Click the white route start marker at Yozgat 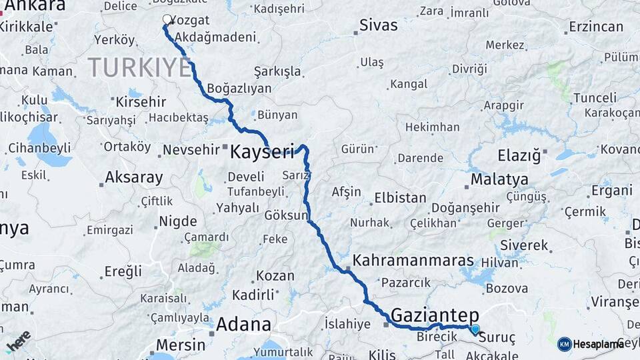[x=167, y=19]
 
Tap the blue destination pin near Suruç [x=475, y=329]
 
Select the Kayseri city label [x=261, y=152]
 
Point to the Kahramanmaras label [x=413, y=261]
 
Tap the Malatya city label [x=499, y=179]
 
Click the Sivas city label [x=378, y=25]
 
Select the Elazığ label [x=519, y=156]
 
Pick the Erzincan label [x=595, y=27]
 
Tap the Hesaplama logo [x=595, y=344]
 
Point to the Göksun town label [x=286, y=216]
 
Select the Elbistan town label [x=400, y=198]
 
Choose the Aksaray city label [x=133, y=178]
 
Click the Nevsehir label [x=191, y=150]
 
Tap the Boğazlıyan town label [x=239, y=88]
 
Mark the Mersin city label [x=180, y=345]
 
